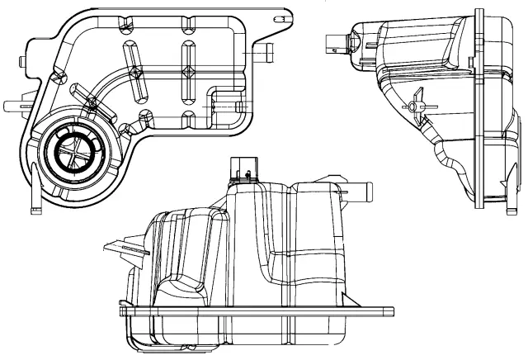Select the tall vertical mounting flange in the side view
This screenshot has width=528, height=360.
[478, 107]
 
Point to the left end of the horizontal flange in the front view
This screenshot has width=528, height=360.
[124, 313]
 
